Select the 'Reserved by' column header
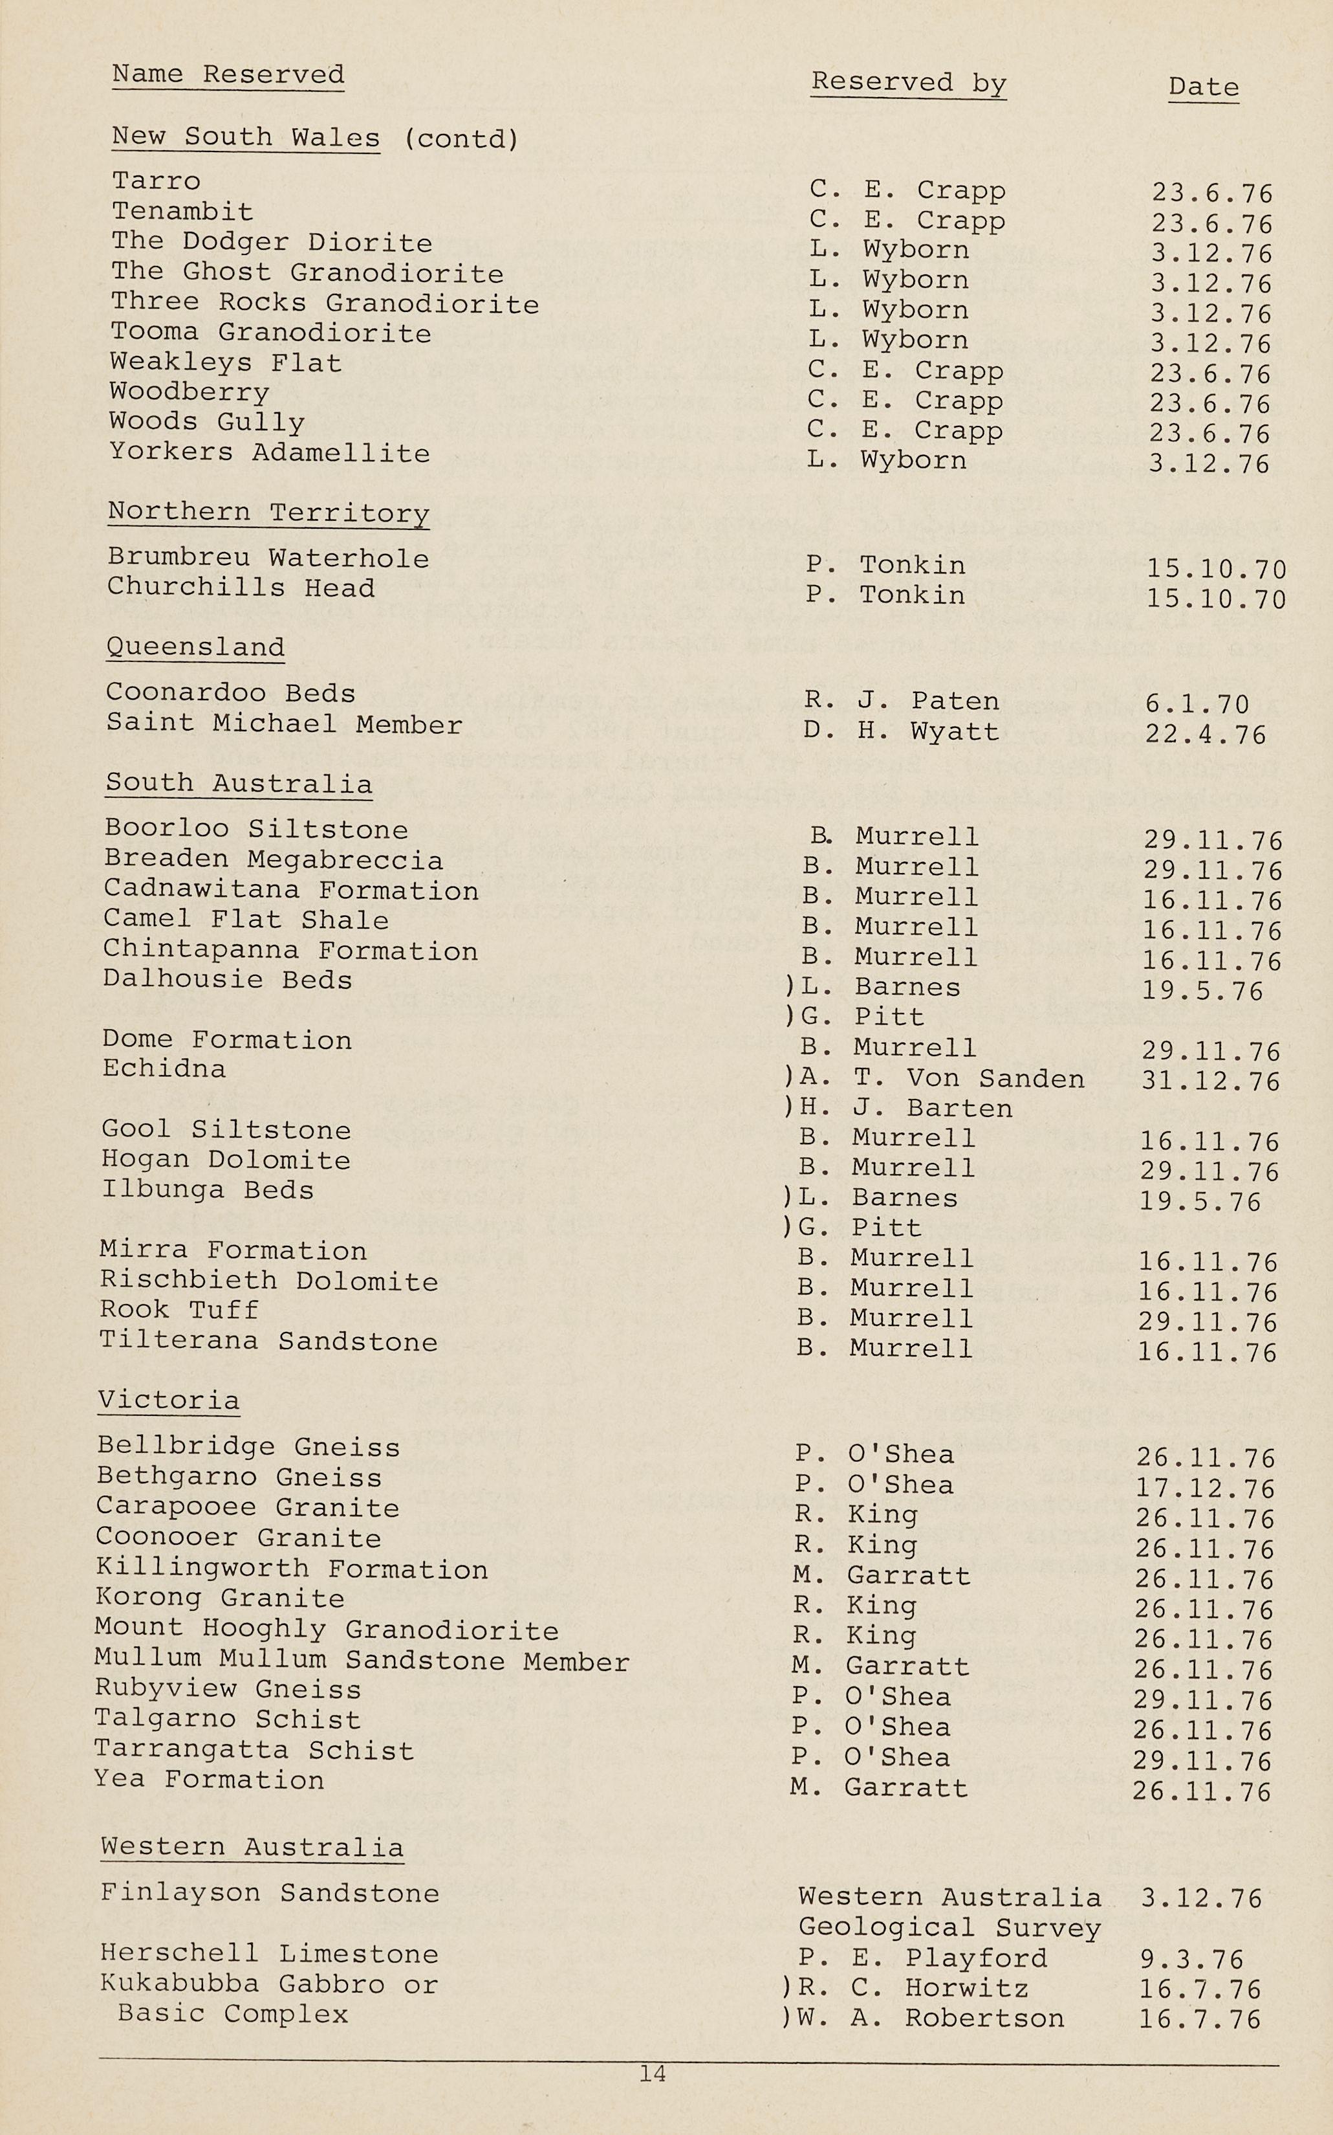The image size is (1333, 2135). pyautogui.click(x=908, y=82)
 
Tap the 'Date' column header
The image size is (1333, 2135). pyautogui.click(x=1204, y=87)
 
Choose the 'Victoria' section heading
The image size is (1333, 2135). pyautogui.click(x=168, y=1400)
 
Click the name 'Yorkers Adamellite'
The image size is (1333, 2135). pyautogui.click(x=269, y=452)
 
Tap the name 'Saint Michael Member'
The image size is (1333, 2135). pyautogui.click(x=284, y=724)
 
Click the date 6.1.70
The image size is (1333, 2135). pyautogui.click(x=1197, y=703)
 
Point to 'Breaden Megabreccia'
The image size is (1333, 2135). pyautogui.click(x=274, y=860)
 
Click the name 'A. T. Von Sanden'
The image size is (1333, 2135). pyautogui.click(x=942, y=1079)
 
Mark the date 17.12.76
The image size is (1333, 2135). pyautogui.click(x=1205, y=1488)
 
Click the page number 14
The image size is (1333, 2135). pyautogui.click(x=653, y=2074)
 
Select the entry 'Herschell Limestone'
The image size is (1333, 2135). pyautogui.click(x=269, y=1954)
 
